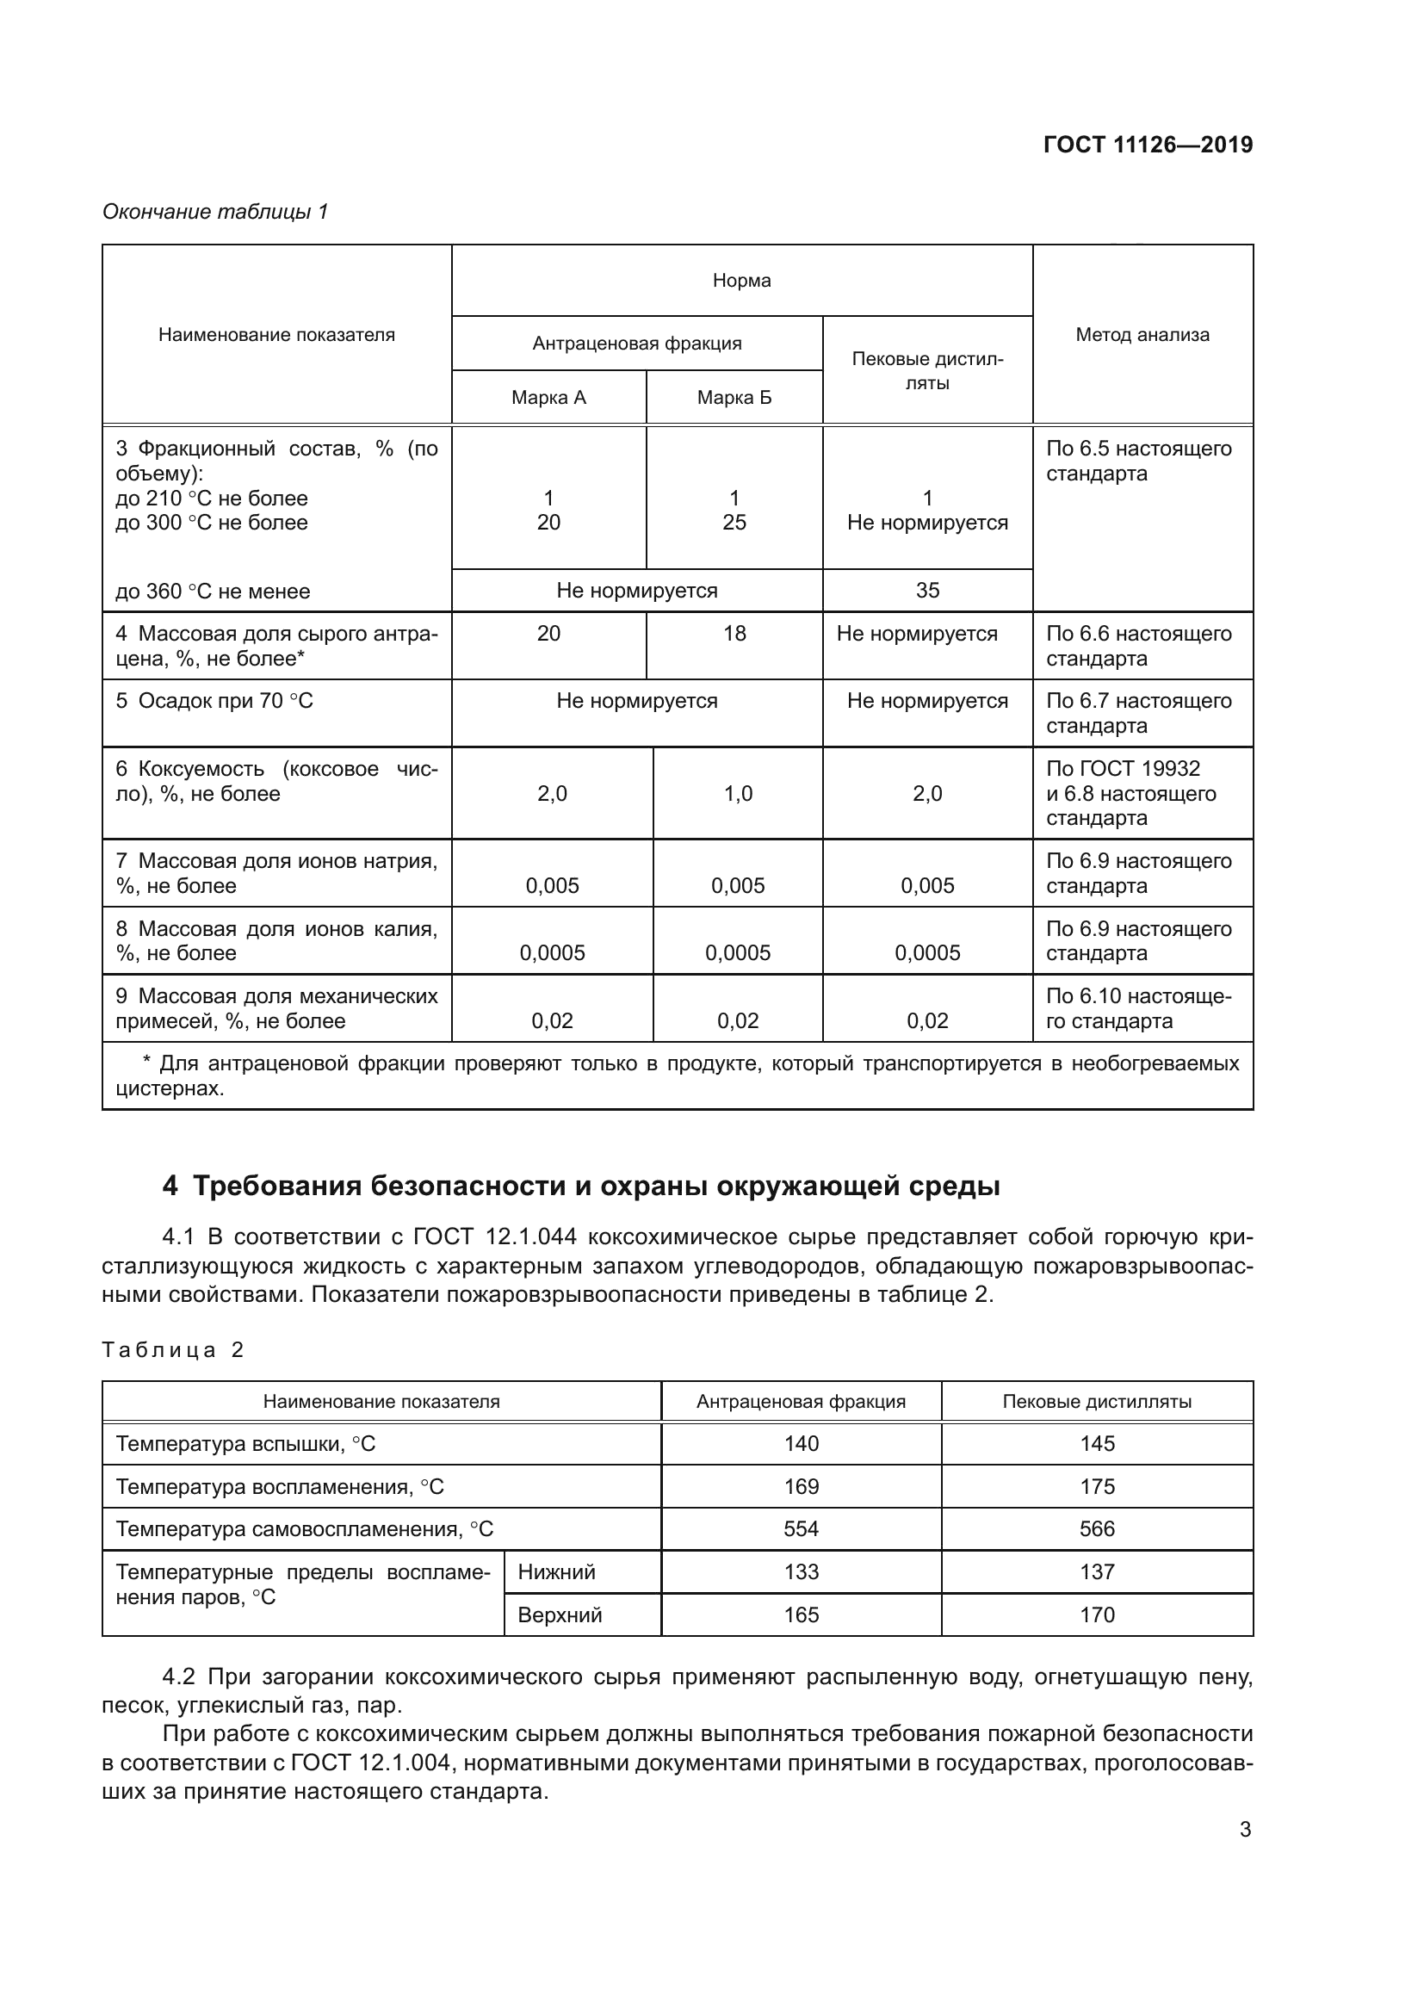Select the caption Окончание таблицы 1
pos(215,212)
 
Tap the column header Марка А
pos(548,397)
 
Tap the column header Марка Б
pos(734,397)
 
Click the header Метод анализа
pos(1142,334)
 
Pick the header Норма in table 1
pos(741,281)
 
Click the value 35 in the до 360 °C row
pos(927,591)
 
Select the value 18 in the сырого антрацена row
pos(734,634)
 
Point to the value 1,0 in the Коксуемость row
pos(738,794)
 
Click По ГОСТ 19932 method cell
pos(1123,769)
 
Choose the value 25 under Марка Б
pos(734,523)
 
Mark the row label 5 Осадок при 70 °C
pos(215,701)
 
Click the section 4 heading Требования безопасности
pos(580,1186)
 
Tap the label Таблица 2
pos(173,1350)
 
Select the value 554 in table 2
pos(801,1529)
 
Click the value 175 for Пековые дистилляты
pos(1096,1486)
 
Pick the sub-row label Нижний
pos(557,1572)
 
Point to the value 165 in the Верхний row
pos(801,1614)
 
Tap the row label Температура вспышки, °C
pos(245,1444)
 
